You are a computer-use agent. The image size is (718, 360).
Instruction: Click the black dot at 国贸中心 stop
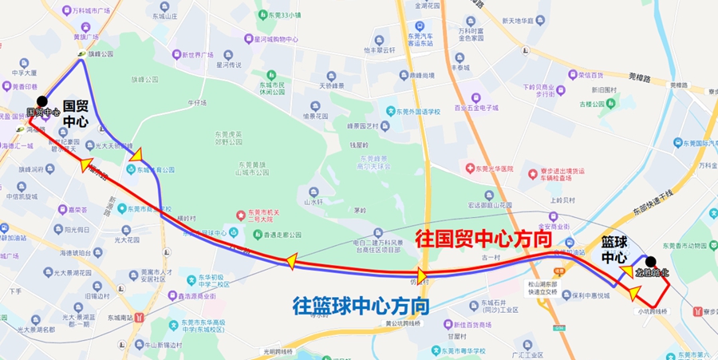point(42,101)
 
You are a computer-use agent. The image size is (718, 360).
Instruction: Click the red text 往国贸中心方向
point(484,239)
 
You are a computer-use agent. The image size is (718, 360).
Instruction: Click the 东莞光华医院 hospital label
point(490,169)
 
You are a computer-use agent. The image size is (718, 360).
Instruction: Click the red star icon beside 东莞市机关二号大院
point(239,216)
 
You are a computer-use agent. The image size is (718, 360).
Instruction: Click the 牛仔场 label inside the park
point(197,103)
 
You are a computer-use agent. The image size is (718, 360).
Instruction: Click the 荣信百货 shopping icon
point(571,75)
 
